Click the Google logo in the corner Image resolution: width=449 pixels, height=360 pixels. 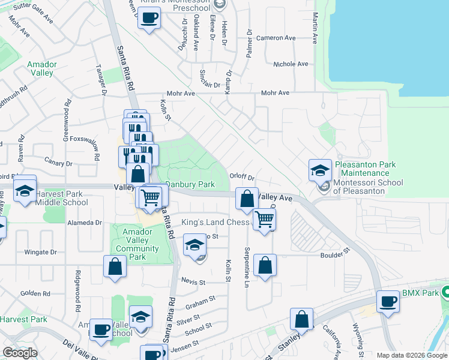20,353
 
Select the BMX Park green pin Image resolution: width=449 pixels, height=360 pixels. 445,293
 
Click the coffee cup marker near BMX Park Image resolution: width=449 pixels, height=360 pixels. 388,302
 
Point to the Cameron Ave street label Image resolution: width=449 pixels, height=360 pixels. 276,38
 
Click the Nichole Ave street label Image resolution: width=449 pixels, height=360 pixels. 290,64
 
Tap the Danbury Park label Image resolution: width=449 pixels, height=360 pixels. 190,185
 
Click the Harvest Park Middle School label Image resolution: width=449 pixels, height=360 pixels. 61,198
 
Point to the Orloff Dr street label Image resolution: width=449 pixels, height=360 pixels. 243,178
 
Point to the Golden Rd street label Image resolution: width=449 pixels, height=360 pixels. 35,293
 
